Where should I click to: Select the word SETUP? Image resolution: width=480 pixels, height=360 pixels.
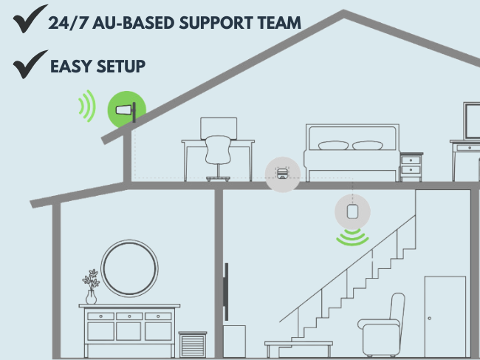[x=120, y=67]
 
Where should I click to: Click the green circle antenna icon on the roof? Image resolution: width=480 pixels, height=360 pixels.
[x=127, y=112]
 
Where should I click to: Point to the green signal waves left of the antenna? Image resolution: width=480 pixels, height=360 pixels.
[x=87, y=106]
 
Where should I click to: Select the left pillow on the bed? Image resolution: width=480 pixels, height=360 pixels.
[x=333, y=146]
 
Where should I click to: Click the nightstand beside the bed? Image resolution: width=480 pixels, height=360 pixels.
[x=411, y=166]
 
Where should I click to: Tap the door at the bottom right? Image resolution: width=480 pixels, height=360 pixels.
[x=445, y=316]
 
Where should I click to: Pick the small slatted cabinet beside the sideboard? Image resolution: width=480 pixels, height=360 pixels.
[x=193, y=344]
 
